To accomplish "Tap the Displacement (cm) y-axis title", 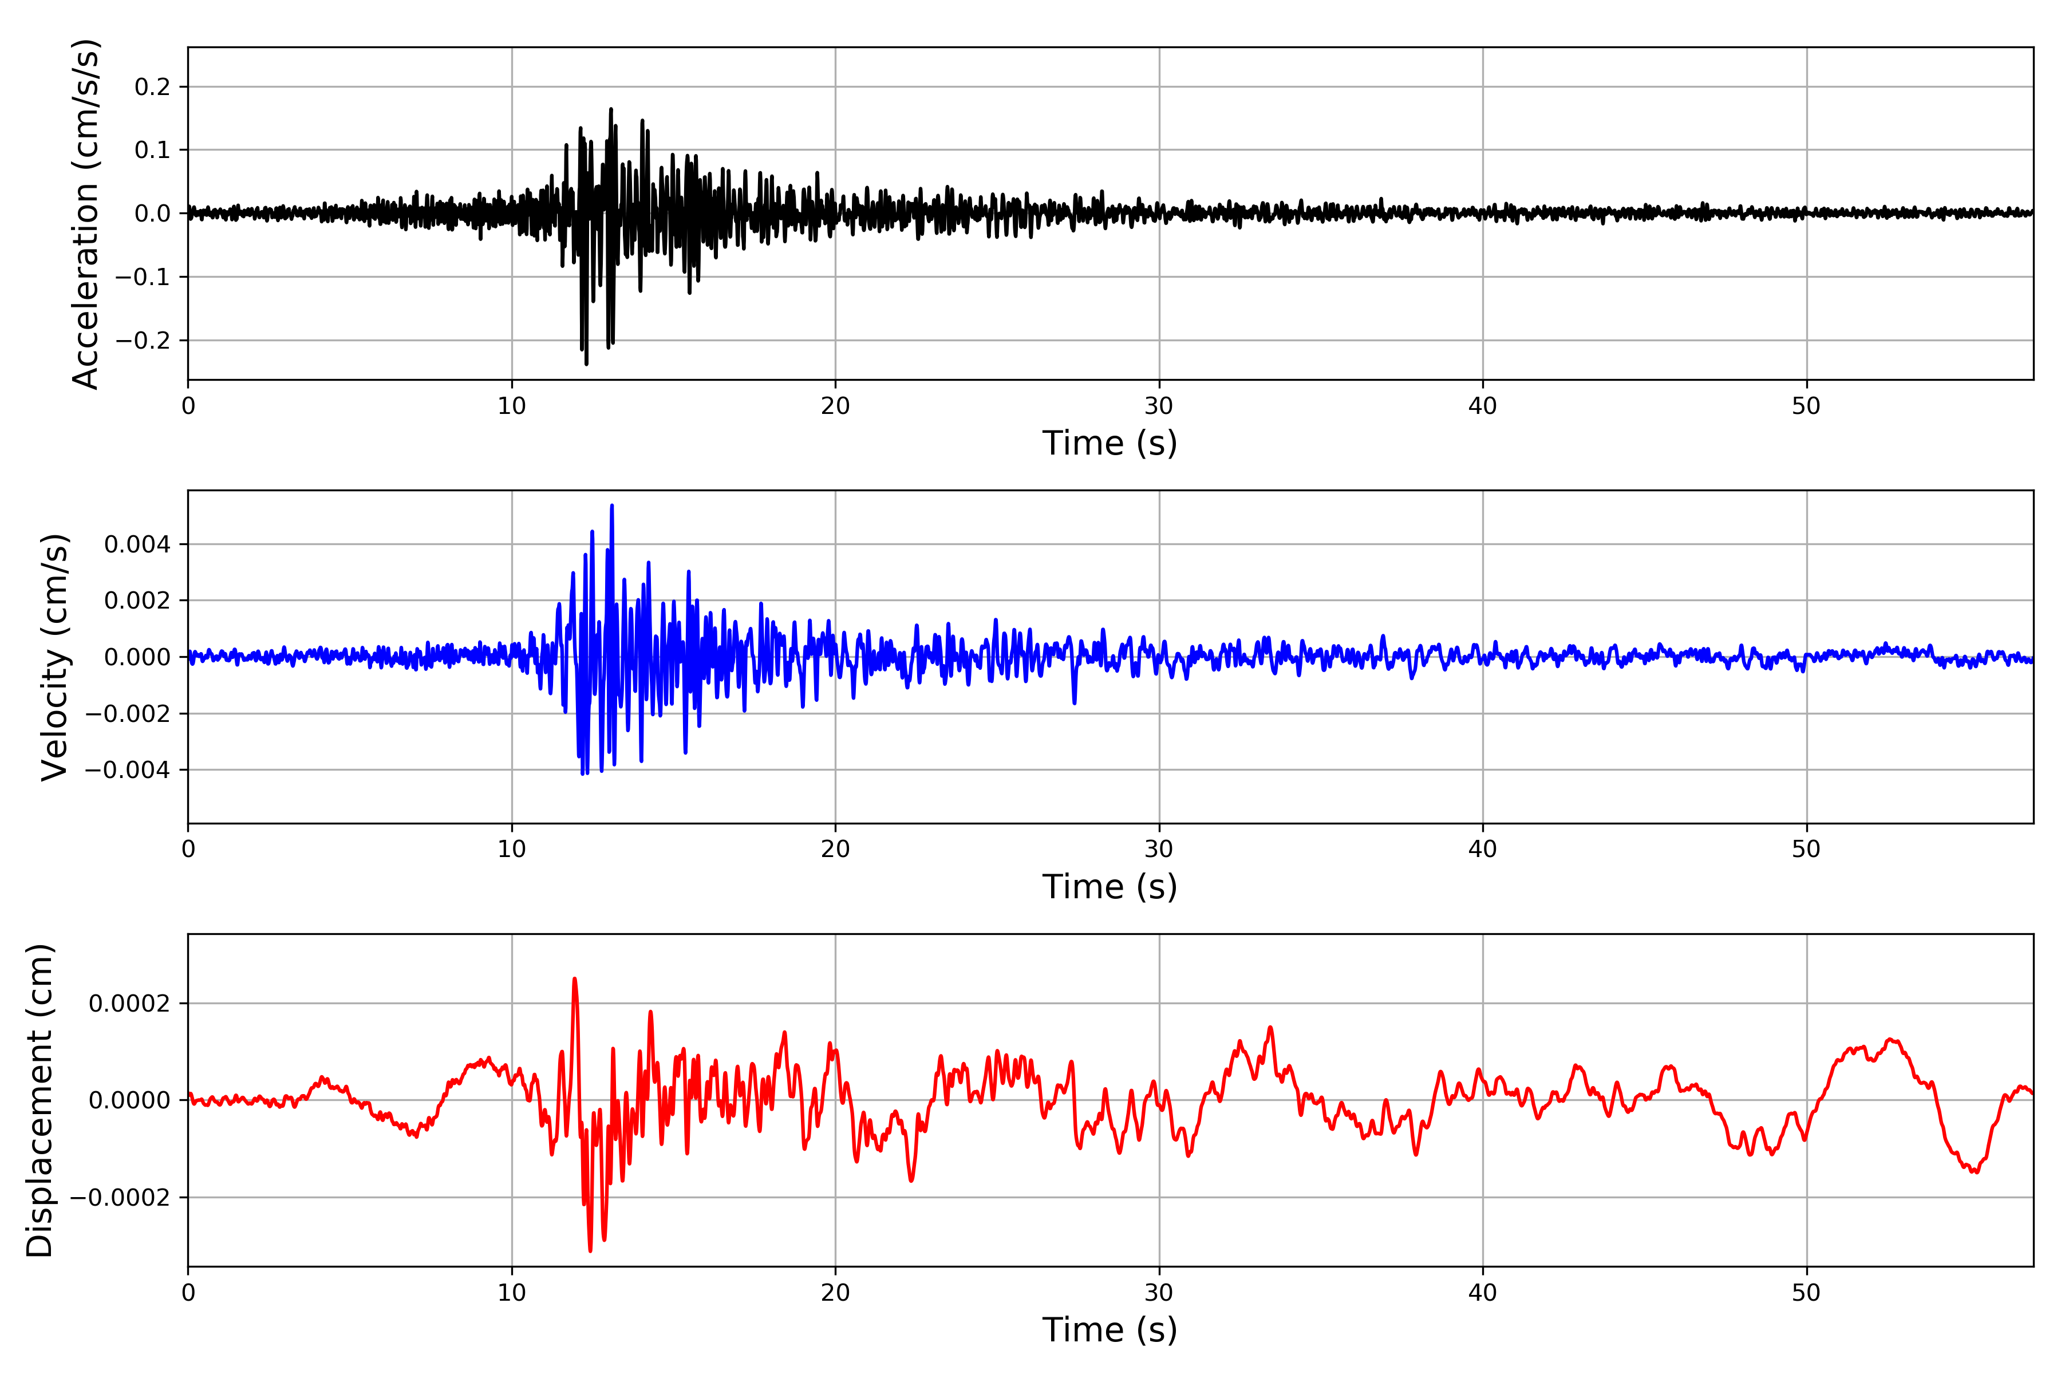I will (x=40, y=1100).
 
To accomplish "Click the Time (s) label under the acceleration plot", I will (x=1110, y=443).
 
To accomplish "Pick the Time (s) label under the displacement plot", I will (x=1110, y=1329).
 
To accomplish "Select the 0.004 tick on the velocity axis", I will (x=137, y=544).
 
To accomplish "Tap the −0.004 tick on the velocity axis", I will (x=128, y=769).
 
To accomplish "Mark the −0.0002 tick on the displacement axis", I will (x=120, y=1197).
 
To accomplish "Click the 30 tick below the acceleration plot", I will (x=1158, y=406).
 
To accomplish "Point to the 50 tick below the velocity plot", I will (x=1806, y=849).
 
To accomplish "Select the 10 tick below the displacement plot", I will (x=512, y=1293).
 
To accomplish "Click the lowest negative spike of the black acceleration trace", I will (x=586, y=364).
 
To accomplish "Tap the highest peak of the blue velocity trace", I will (x=611, y=506).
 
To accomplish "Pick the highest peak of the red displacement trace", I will (x=575, y=979).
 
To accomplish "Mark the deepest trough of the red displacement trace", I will (x=591, y=1250).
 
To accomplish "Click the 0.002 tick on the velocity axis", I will (x=137, y=600).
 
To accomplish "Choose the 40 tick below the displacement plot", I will (x=1483, y=1293).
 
